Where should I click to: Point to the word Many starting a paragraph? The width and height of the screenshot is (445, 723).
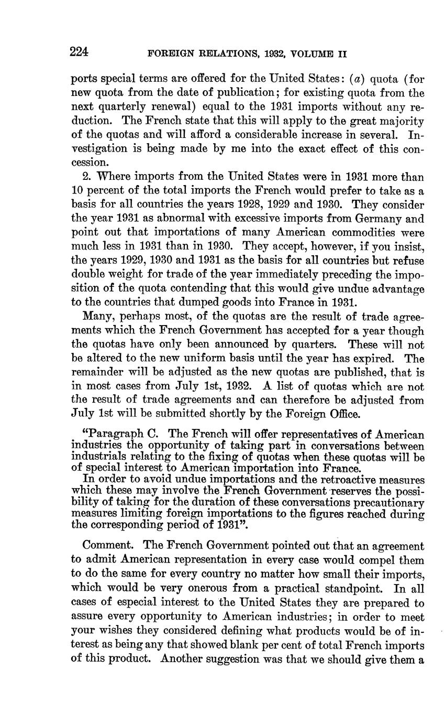click(97, 317)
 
